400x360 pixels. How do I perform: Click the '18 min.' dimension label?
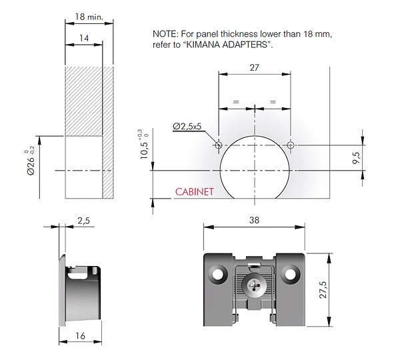click(x=89, y=17)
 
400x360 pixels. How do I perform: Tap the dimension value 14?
click(x=84, y=38)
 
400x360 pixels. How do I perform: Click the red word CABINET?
click(x=194, y=192)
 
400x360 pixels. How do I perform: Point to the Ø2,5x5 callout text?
click(x=187, y=126)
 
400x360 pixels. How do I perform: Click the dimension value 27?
click(x=254, y=67)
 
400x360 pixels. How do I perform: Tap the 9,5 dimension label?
click(x=357, y=158)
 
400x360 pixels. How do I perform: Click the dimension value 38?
click(x=254, y=220)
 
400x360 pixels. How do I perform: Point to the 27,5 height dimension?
click(x=323, y=290)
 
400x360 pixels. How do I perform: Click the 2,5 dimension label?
click(x=83, y=221)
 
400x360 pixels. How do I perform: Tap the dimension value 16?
click(x=80, y=336)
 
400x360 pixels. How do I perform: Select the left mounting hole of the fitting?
click(x=218, y=274)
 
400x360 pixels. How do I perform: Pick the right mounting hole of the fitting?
click(x=290, y=274)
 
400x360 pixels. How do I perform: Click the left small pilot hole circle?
click(x=219, y=145)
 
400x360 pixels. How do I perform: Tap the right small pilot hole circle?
click(x=290, y=145)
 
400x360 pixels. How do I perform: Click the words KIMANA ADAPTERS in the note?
click(x=227, y=45)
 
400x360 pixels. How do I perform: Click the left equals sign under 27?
click(x=236, y=102)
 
